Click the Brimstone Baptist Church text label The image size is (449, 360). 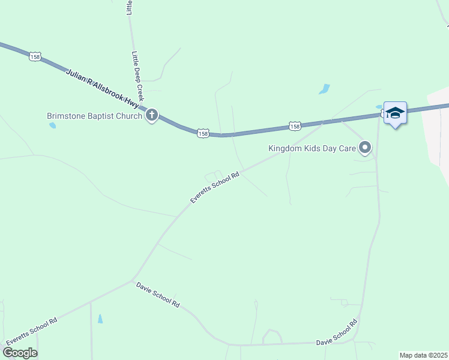pyautogui.click(x=94, y=116)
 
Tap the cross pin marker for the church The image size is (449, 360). pyautogui.click(x=152, y=115)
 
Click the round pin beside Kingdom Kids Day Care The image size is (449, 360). pyautogui.click(x=365, y=147)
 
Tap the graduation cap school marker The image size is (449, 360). pyautogui.click(x=396, y=113)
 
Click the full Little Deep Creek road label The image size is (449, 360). pyautogui.click(x=139, y=75)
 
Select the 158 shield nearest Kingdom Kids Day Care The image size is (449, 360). pyautogui.click(x=294, y=126)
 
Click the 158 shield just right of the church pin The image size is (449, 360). pyautogui.click(x=203, y=134)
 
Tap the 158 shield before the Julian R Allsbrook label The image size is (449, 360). pyautogui.click(x=34, y=56)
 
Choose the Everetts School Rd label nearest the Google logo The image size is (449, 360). pyautogui.click(x=31, y=331)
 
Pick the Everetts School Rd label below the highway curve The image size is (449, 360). pyautogui.click(x=215, y=188)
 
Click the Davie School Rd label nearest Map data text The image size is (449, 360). pyautogui.click(x=337, y=334)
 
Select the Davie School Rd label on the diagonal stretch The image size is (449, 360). pyautogui.click(x=158, y=295)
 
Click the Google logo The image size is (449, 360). pyautogui.click(x=20, y=353)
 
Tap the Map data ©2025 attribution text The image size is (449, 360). pyautogui.click(x=423, y=355)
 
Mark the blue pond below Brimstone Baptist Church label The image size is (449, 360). pyautogui.click(x=53, y=125)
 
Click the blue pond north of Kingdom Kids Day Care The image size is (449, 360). pyautogui.click(x=324, y=89)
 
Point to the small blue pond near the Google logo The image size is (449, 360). pyautogui.click(x=100, y=319)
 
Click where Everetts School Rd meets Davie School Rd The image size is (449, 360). pyautogui.click(x=133, y=280)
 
